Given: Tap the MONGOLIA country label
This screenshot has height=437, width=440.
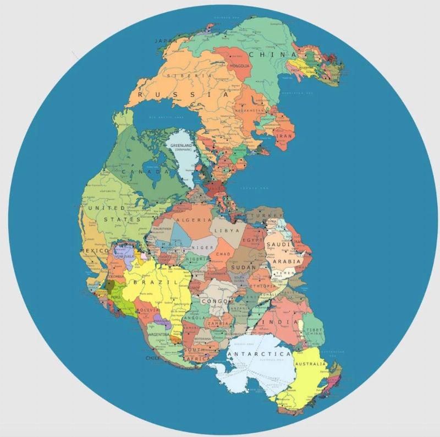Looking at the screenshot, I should (x=240, y=65).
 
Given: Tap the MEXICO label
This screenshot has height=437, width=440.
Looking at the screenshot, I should (x=92, y=251).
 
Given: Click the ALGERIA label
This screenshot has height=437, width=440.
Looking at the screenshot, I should (x=193, y=220).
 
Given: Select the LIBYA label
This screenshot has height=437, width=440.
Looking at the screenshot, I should (x=227, y=231).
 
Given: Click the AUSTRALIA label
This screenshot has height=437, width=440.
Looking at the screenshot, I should (x=311, y=364).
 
